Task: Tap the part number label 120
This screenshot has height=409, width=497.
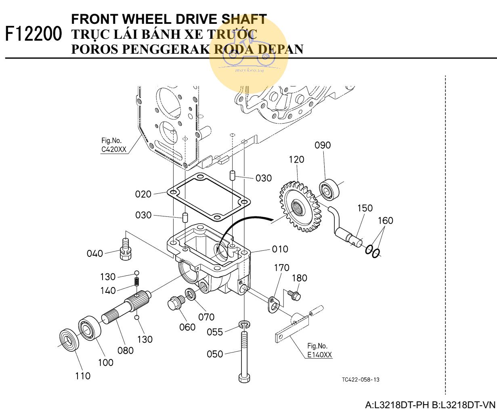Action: coord(296,160)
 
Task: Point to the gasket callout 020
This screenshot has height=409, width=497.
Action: coord(143,194)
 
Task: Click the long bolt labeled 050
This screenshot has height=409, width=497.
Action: coord(244,355)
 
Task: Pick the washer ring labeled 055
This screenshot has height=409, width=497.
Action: coord(244,324)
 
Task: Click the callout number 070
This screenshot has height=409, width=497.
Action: coord(206,317)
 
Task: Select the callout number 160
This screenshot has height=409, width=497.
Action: coord(386,220)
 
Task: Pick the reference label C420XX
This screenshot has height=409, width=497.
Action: coord(113,149)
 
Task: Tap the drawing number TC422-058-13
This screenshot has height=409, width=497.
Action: coord(360,380)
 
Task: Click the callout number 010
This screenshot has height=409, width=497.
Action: coord(280,249)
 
